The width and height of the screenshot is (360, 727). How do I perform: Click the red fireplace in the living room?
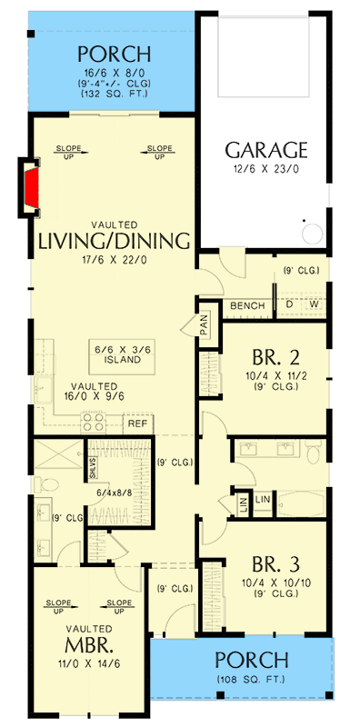click(31, 188)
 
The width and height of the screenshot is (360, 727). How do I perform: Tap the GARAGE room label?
click(266, 150)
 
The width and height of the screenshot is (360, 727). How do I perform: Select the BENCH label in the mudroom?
click(246, 305)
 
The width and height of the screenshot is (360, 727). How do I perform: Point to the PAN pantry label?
click(205, 326)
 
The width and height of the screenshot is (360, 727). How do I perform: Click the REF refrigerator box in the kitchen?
click(137, 423)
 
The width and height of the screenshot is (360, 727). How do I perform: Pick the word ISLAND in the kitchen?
click(115, 360)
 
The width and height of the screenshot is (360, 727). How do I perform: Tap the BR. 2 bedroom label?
click(273, 357)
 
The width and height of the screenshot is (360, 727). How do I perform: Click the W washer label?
click(314, 305)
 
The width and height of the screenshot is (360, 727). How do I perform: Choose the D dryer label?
click(290, 305)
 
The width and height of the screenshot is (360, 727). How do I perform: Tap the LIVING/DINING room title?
click(114, 240)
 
